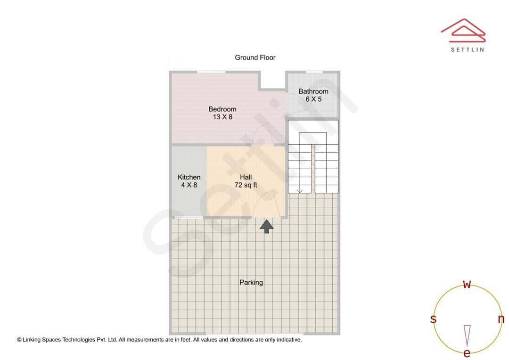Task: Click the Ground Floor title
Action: [255, 57]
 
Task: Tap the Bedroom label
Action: [222, 109]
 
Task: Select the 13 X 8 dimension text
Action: [222, 117]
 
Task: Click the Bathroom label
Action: [313, 91]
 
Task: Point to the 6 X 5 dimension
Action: [313, 99]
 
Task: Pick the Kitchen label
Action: [189, 177]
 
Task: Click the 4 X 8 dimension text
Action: [189, 185]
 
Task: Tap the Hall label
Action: [246, 177]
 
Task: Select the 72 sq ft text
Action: [246, 185]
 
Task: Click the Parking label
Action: [251, 283]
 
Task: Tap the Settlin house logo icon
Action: [463, 29]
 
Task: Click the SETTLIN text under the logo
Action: [467, 49]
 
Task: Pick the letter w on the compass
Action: [467, 284]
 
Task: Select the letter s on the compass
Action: [433, 319]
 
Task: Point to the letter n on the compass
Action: [501, 319]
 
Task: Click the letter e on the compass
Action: [467, 353]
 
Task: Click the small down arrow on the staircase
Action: [300, 191]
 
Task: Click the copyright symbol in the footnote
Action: [19, 340]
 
